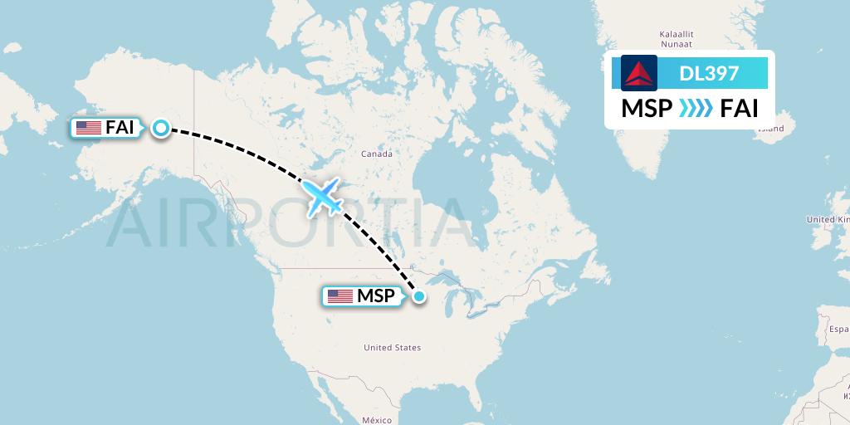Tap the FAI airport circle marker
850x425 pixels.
pyautogui.click(x=161, y=128)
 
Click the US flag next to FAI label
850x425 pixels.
pyautogui.click(x=88, y=128)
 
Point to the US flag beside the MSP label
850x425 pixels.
pyautogui.click(x=340, y=296)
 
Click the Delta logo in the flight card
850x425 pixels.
pyautogui.click(x=639, y=73)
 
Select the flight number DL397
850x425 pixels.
pyautogui.click(x=708, y=73)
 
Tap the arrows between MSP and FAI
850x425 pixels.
pyautogui.click(x=696, y=109)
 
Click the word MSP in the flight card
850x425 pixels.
pyautogui.click(x=647, y=109)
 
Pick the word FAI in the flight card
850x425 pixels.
pyautogui.click(x=739, y=109)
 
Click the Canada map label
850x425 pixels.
pyautogui.click(x=376, y=154)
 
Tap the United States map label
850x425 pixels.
pyautogui.click(x=392, y=348)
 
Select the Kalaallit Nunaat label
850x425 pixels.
pyautogui.click(x=676, y=39)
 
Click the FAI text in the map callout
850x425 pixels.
pyautogui.click(x=120, y=128)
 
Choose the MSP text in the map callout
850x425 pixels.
pyautogui.click(x=375, y=296)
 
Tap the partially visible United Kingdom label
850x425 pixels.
pyautogui.click(x=828, y=219)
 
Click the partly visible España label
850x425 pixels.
pyautogui.click(x=837, y=329)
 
